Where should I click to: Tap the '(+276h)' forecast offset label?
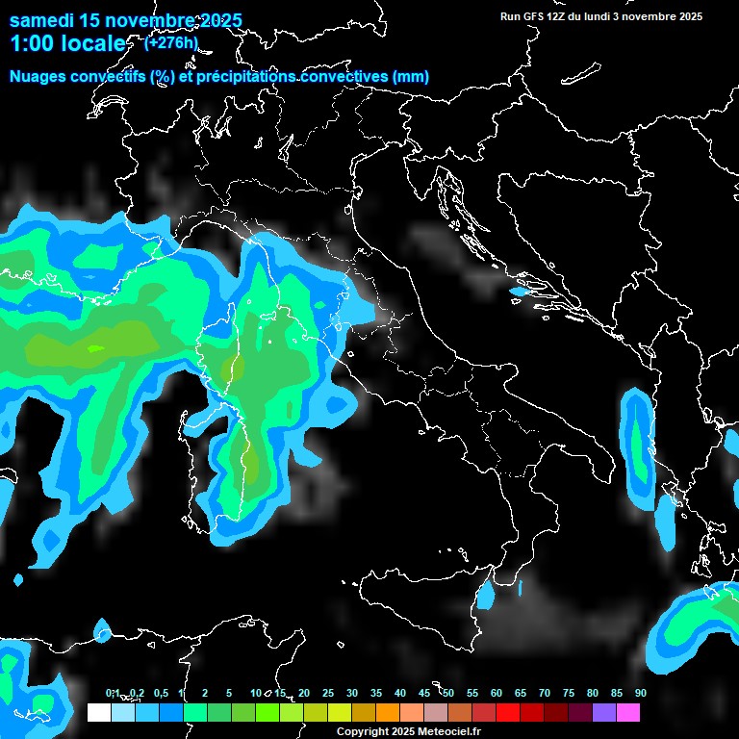[x=170, y=42]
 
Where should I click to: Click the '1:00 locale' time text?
[x=67, y=44]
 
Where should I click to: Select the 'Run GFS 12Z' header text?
[x=534, y=16]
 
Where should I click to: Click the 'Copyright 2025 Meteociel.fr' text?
[x=408, y=731]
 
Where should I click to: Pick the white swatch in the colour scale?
[x=98, y=713]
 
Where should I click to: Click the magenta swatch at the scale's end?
[x=628, y=713]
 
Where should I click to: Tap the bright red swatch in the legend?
[x=508, y=713]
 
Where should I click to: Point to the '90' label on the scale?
[x=640, y=693]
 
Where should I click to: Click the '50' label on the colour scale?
[x=448, y=693]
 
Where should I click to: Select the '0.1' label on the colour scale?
[x=113, y=693]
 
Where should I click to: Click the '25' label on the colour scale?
[x=328, y=693]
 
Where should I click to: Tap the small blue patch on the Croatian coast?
[x=520, y=291]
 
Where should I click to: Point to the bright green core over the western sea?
[x=96, y=348]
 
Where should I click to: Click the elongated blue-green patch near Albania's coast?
[x=637, y=447]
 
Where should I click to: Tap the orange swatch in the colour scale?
[x=387, y=713]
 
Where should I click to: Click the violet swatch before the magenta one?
[x=604, y=713]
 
